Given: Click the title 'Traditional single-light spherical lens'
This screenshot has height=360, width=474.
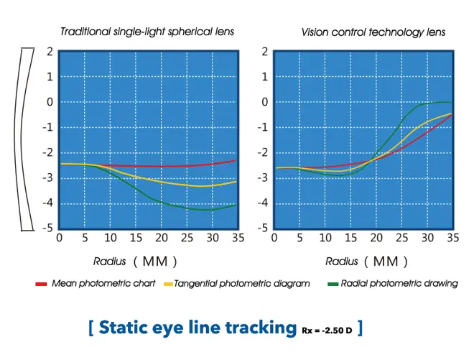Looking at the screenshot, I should pyautogui.click(x=147, y=32).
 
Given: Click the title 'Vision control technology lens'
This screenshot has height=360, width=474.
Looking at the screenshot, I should pyautogui.click(x=373, y=32).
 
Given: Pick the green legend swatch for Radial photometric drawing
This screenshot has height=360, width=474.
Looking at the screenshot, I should pyautogui.click(x=333, y=284).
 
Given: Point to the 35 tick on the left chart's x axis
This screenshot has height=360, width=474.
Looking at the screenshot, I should pyautogui.click(x=236, y=239).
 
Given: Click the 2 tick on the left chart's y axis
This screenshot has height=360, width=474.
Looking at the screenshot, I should pyautogui.click(x=50, y=52).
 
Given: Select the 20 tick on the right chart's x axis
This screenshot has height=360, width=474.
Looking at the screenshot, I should pyautogui.click(x=375, y=239).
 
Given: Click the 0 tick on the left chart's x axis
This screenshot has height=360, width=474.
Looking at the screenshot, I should pyautogui.click(x=59, y=239).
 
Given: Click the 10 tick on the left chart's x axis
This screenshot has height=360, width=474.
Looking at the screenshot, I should pyautogui.click(x=110, y=239).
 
